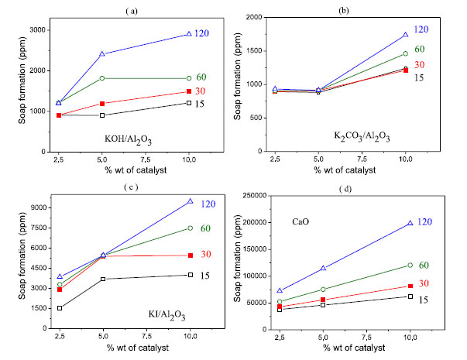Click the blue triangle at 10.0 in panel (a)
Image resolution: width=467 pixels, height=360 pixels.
[x=190, y=34]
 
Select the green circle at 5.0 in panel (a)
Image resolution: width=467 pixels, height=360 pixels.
[x=124, y=78]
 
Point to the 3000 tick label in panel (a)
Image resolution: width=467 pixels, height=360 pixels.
[x=29, y=30]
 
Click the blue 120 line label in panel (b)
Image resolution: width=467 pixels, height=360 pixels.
[x=421, y=29]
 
